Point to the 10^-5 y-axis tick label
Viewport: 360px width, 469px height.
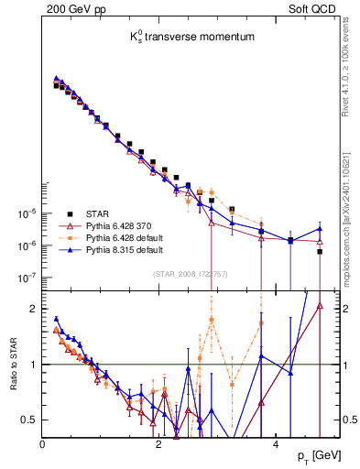(26, 213)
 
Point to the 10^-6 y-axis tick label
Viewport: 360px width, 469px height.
(26, 245)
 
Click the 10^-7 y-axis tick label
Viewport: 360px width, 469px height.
(26, 278)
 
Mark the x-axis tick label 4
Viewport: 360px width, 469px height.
(275, 444)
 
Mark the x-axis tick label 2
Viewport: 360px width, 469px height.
(158, 444)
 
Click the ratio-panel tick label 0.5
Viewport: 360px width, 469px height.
(30, 420)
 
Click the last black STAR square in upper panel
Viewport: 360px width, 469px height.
(320, 251)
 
